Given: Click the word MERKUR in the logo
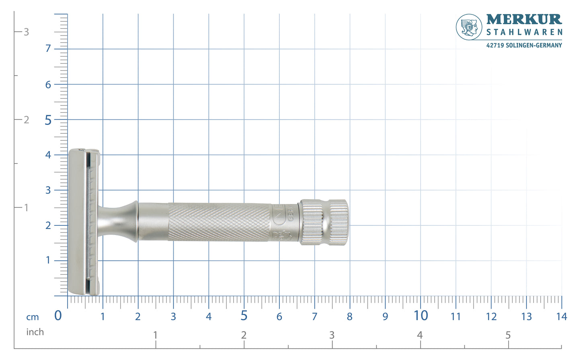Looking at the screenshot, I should click(x=524, y=19).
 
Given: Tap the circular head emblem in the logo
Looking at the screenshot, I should click(x=469, y=27).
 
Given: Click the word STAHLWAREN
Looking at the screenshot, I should click(x=524, y=32).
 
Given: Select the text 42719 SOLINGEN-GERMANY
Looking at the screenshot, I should click(x=524, y=45).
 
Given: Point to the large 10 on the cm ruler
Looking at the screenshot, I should click(x=421, y=316).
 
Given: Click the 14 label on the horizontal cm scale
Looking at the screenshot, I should click(x=561, y=317).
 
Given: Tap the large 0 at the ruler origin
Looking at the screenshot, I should click(x=58, y=316).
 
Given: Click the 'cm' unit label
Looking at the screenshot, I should click(x=33, y=317).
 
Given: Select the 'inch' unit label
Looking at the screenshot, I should click(x=35, y=332).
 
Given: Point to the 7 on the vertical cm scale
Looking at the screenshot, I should click(x=48, y=49).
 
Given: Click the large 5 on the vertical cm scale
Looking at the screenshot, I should click(x=48, y=120).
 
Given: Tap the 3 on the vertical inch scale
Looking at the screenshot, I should click(x=26, y=32).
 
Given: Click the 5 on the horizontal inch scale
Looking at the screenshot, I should click(x=508, y=335).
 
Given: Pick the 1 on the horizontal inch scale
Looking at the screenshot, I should click(x=155, y=335).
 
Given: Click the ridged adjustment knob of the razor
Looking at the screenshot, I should click(x=324, y=222).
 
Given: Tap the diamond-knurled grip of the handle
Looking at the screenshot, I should click(x=219, y=222).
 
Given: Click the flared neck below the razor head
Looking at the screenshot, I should click(x=119, y=222).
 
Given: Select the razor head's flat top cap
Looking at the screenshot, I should click(x=76, y=222).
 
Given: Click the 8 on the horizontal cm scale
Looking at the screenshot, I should click(x=349, y=317).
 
